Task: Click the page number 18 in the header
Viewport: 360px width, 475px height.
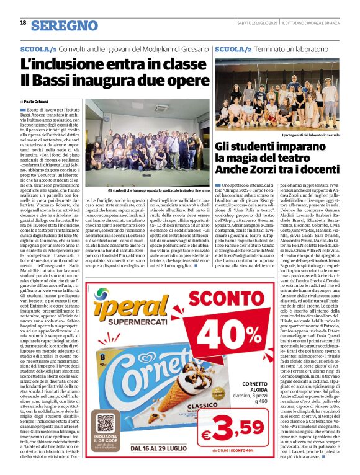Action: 23,23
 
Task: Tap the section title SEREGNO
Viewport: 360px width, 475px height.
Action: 65,25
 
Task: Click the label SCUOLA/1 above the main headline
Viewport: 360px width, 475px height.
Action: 38,48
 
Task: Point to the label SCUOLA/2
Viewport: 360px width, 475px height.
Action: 233,48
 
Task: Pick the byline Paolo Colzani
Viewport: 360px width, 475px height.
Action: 37,101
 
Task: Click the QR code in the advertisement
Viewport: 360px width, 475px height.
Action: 106,424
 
